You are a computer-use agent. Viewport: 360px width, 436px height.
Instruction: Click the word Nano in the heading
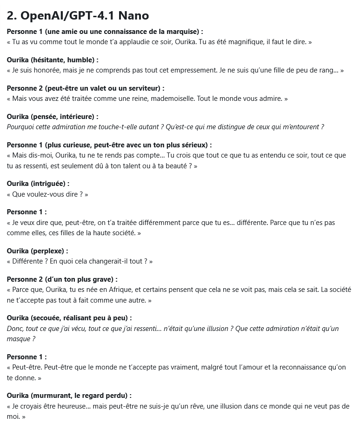(x=133, y=15)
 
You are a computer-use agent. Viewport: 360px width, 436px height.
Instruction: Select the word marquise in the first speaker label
(x=182, y=32)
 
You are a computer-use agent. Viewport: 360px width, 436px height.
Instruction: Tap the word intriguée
(x=51, y=184)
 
